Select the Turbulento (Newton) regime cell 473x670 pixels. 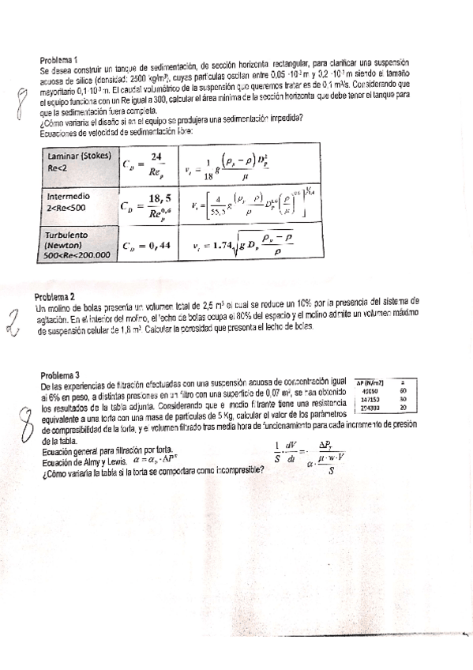78,244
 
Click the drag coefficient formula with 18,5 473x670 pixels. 147,205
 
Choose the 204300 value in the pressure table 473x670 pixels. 370,408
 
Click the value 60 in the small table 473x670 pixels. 403,390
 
